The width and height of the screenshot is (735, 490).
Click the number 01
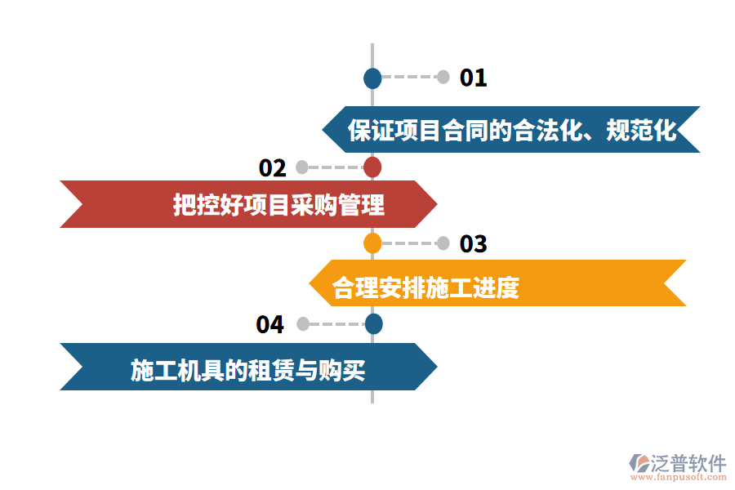(x=474, y=78)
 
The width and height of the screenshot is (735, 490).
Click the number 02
(x=273, y=167)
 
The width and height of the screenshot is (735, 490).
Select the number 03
(x=474, y=243)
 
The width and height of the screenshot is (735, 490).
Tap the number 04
(x=269, y=324)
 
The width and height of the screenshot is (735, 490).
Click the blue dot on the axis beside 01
(x=372, y=78)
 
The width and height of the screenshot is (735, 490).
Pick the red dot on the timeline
(x=372, y=167)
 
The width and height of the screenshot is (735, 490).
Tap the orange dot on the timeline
(x=372, y=243)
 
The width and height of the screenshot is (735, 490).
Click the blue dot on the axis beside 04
(x=373, y=324)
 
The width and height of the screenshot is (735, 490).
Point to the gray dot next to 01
(x=443, y=78)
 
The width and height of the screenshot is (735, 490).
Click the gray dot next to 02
(x=302, y=167)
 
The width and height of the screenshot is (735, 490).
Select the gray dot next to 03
(x=443, y=243)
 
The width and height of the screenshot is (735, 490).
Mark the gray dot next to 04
(x=303, y=324)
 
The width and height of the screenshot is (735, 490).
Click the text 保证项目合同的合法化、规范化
(x=512, y=130)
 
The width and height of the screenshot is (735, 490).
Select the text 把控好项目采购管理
(x=278, y=204)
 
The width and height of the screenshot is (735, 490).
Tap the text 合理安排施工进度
(x=425, y=287)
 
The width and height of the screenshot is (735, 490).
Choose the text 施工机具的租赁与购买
(x=247, y=371)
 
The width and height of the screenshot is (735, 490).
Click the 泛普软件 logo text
(x=688, y=463)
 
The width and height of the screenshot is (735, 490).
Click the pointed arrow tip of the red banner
(x=437, y=204)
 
